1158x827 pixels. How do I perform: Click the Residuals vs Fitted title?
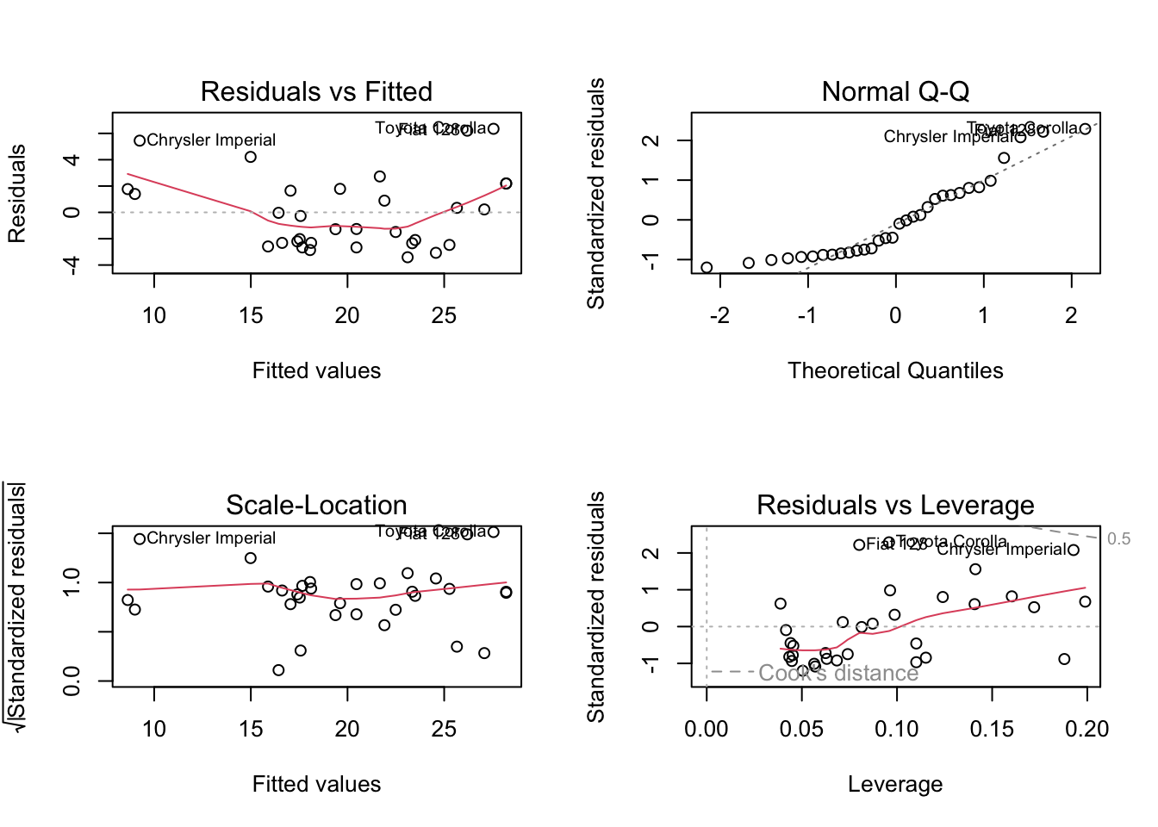click(316, 91)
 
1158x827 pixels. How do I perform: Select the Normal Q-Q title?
click(895, 91)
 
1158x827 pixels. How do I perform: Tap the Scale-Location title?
click(316, 505)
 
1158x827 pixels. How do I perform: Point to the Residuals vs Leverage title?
click(895, 505)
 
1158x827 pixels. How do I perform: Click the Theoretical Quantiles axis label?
click(895, 370)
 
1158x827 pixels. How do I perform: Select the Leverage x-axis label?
click(895, 784)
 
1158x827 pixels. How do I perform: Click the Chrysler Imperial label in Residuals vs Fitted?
click(211, 140)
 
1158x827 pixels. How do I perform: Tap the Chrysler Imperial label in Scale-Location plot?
click(211, 538)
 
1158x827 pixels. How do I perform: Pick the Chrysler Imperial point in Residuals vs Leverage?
click(1074, 550)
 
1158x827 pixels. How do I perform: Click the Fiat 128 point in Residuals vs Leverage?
click(859, 544)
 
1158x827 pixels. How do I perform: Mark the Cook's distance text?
click(838, 674)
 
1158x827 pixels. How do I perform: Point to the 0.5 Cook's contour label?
click(1118, 539)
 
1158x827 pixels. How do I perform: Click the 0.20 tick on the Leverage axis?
click(1086, 730)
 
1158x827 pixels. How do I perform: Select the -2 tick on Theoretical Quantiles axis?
click(719, 316)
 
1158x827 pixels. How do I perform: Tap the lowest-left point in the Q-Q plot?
click(707, 268)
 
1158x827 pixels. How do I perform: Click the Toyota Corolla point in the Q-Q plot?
click(1085, 129)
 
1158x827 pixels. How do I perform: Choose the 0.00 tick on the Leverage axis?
click(707, 730)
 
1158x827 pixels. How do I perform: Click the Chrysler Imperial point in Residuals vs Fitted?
click(140, 140)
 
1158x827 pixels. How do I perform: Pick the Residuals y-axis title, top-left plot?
click(17, 194)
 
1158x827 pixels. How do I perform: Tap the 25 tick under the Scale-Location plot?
click(444, 730)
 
